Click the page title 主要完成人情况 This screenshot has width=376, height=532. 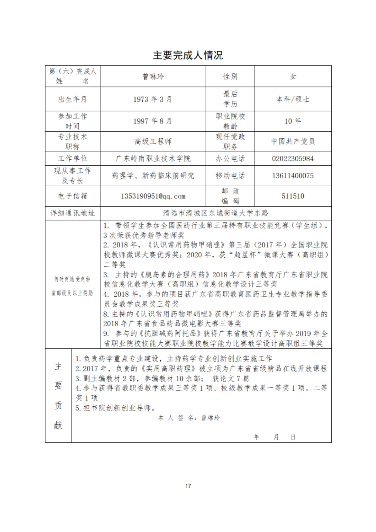(188, 55)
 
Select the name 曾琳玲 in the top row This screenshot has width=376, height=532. (153, 76)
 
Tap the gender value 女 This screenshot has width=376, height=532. (293, 76)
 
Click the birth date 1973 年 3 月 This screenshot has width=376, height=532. (153, 99)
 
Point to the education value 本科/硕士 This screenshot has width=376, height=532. (293, 99)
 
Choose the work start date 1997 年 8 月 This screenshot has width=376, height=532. (153, 121)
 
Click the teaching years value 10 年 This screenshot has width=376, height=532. (293, 121)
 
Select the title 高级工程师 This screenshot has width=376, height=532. (153, 141)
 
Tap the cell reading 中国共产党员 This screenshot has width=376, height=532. (293, 141)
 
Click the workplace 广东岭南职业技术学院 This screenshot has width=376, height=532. (153, 158)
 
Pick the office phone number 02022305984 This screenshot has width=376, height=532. (293, 158)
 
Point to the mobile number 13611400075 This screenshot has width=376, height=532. (293, 176)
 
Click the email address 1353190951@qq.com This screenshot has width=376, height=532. (153, 196)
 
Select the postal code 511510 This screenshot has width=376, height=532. (293, 196)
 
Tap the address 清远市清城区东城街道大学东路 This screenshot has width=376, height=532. (215, 213)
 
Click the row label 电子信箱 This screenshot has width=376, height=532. (73, 196)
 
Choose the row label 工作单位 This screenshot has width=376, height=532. (73, 158)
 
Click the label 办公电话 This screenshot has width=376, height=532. (230, 158)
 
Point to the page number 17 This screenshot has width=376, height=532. (188, 486)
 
